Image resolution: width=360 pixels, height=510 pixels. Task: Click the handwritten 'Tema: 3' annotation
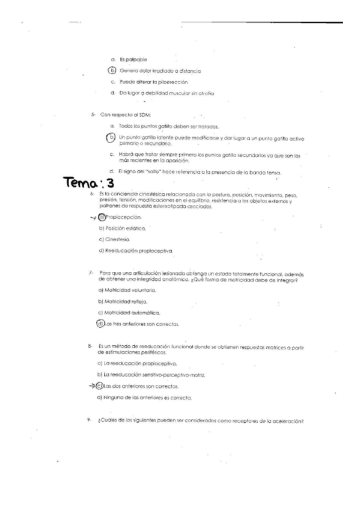pyautogui.click(x=88, y=185)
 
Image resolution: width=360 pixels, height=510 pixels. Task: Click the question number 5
pyautogui.click(x=87, y=114)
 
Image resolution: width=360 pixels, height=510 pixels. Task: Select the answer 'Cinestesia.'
pyautogui.click(x=121, y=239)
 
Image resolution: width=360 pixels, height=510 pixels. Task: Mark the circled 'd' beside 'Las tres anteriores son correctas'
pyautogui.click(x=100, y=324)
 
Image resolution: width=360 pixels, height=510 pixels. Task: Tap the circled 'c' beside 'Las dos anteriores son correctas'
pyautogui.click(x=100, y=386)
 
